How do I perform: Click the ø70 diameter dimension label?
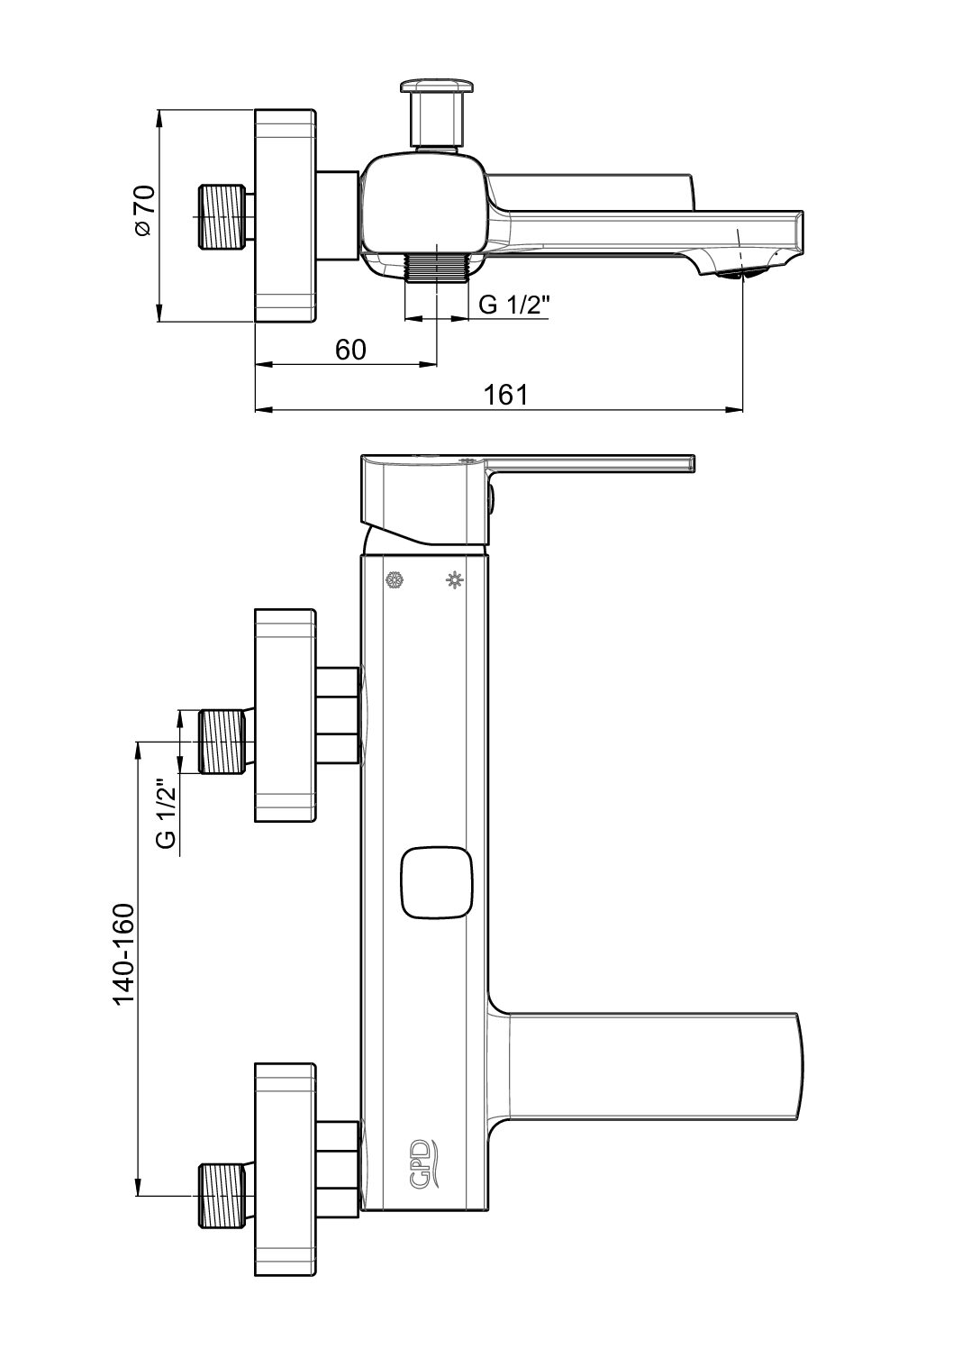(x=145, y=210)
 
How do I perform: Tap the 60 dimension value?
(x=350, y=350)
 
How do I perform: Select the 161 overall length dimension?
(x=505, y=395)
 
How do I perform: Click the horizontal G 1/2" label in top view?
(x=514, y=305)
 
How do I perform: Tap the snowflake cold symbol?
(x=395, y=580)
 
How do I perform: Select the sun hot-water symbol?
(x=454, y=580)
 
